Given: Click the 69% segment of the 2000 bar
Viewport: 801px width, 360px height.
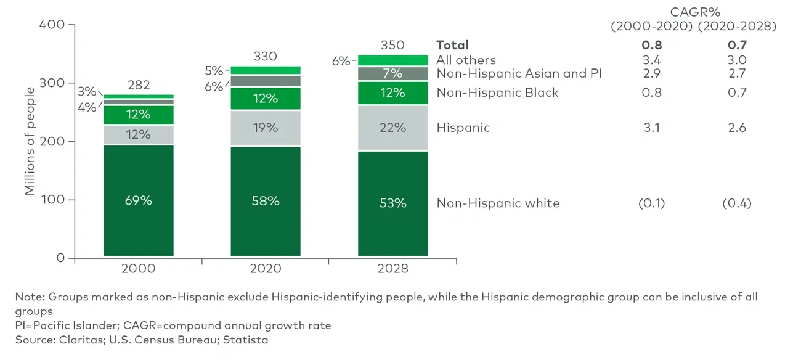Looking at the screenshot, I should (x=139, y=200).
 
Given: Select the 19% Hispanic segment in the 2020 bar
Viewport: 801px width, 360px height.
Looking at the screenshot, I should (x=266, y=128).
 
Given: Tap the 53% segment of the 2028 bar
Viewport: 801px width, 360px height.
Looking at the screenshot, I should (x=392, y=203).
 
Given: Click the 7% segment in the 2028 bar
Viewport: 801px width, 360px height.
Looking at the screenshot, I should (x=392, y=73).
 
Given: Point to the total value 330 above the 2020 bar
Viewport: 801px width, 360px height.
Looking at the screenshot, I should (x=266, y=57).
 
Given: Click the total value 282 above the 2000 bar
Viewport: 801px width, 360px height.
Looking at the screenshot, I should (x=139, y=85).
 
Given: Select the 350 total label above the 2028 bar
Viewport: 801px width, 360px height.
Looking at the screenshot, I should (x=392, y=45).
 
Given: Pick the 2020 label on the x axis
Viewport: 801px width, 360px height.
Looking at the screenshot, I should (x=266, y=269).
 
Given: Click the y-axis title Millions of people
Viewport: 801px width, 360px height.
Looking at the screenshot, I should (x=30, y=141).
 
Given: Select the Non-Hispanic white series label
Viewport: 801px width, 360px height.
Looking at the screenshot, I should (x=498, y=203).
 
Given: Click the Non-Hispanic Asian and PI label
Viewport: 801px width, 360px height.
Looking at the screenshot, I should (x=519, y=73).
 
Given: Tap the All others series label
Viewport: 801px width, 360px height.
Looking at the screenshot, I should (x=466, y=60).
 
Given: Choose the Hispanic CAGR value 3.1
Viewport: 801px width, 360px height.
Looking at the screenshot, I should (x=651, y=128).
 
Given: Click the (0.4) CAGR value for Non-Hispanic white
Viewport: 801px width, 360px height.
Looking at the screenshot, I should (x=736, y=203).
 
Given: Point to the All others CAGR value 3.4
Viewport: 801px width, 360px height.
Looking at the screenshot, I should (x=651, y=60).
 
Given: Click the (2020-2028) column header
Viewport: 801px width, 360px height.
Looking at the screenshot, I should (x=736, y=27).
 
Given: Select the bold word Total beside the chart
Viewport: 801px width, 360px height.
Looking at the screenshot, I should (x=452, y=45).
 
